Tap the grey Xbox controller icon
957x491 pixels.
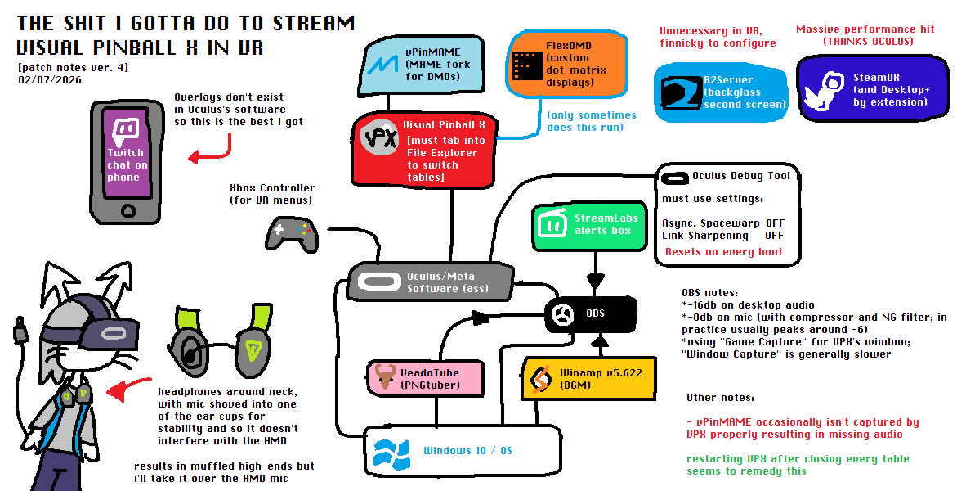[x=290, y=234]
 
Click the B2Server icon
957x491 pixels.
[x=677, y=92]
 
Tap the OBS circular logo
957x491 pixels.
[x=561, y=314]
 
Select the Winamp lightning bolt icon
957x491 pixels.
[x=540, y=380]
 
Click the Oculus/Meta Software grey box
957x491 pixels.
[x=430, y=281]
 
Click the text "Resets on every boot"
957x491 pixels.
[x=723, y=252]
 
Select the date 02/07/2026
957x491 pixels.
[x=50, y=80]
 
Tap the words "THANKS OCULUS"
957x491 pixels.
[x=865, y=41]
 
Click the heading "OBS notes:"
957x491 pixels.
[x=709, y=293]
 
